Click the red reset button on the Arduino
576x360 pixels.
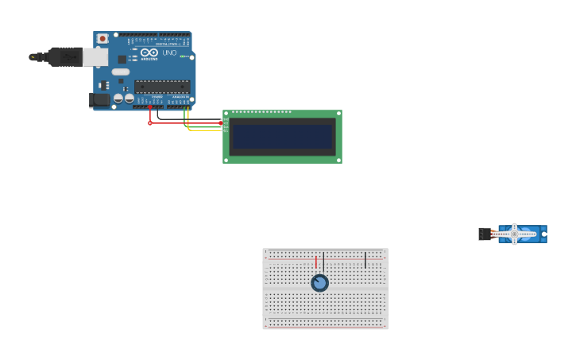coord(102,39)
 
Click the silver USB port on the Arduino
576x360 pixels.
coord(95,56)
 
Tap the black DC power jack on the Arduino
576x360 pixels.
coord(99,99)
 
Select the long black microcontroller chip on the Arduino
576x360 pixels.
coord(162,86)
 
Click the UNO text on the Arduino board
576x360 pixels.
coord(169,53)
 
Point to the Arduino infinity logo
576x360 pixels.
coord(149,53)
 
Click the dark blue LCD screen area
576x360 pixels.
coord(282,137)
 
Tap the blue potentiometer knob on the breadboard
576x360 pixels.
coord(319,283)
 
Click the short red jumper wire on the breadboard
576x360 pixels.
coord(316,261)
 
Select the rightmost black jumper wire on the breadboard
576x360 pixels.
coord(365,260)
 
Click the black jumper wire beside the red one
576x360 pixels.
coord(323,261)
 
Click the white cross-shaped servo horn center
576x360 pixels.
coord(514,234)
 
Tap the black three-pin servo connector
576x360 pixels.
coord(485,234)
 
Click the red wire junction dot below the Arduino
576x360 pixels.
coord(149,123)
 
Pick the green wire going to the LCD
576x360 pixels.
coord(203,127)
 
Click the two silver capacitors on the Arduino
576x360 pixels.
coord(123,98)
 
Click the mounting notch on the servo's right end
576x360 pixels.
coord(544,234)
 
